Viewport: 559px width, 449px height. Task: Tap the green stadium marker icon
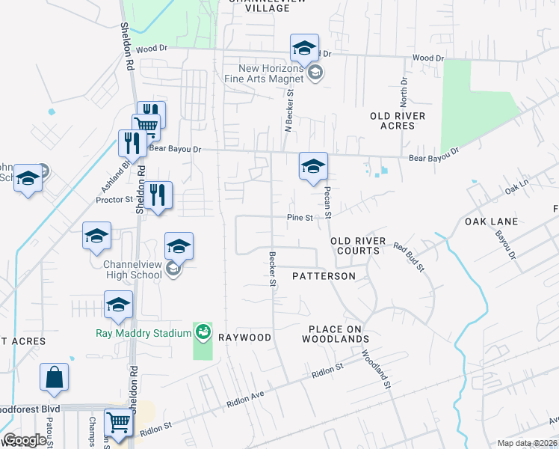point(203,331)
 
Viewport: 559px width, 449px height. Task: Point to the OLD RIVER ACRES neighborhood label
point(398,120)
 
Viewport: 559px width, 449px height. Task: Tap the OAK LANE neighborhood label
point(491,222)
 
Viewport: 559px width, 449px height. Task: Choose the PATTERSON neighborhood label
point(324,276)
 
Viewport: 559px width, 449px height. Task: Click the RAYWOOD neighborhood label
point(244,337)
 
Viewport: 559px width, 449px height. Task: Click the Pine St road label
point(300,218)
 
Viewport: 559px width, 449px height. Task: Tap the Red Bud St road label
point(409,257)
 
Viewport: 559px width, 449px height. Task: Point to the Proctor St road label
point(114,200)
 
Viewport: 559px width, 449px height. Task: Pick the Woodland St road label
point(376,370)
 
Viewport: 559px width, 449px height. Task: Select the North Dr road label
point(404,91)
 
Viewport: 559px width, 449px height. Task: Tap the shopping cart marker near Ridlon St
point(118,424)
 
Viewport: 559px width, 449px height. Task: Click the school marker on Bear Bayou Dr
point(313,165)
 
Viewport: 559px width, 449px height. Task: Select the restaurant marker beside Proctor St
point(158,196)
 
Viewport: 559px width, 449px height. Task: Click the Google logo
point(24,441)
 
